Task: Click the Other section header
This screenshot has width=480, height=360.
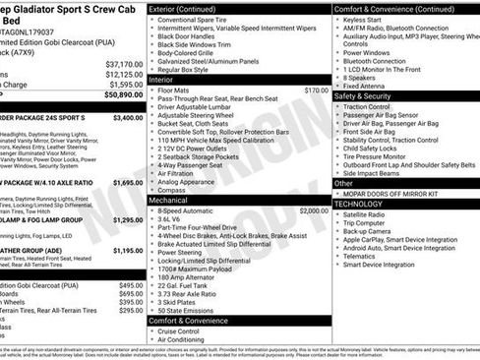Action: [343, 183]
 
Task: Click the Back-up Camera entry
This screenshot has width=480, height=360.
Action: [371, 231]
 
